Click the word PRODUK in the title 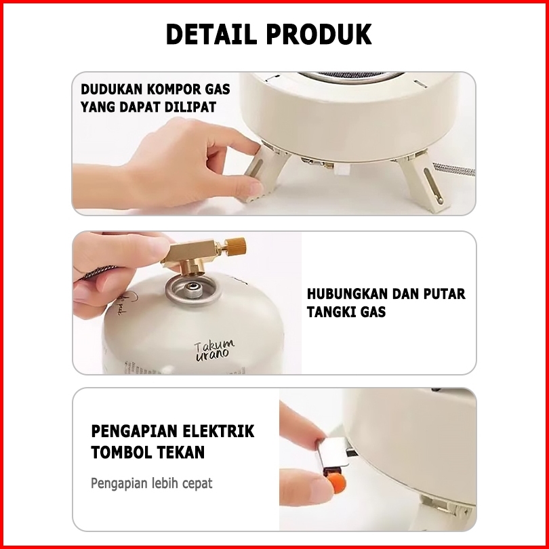(319, 35)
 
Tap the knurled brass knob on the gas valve (235, 247)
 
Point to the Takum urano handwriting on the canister (214, 350)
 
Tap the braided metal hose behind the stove (453, 169)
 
